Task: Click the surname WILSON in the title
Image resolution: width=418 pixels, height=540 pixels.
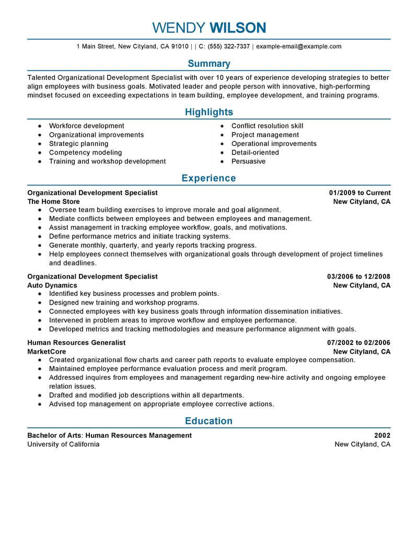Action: (237, 28)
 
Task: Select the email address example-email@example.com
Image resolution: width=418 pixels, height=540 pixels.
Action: (299, 46)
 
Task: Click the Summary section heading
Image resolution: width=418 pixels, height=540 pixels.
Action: (208, 64)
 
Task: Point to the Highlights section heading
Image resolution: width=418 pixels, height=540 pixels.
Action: (208, 112)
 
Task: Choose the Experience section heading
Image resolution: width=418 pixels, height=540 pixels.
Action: (208, 178)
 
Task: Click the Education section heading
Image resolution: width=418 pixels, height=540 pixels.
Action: (208, 421)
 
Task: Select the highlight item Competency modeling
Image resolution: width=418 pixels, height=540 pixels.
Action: (85, 153)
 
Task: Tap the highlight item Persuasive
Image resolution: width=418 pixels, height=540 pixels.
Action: (248, 162)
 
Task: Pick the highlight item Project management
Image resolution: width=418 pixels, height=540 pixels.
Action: (265, 135)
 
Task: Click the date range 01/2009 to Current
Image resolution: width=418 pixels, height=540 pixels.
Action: (359, 193)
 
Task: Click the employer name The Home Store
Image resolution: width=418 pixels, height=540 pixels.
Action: (53, 202)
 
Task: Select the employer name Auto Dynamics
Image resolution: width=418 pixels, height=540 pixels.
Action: (52, 285)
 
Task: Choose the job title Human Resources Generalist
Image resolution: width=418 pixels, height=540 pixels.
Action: (76, 343)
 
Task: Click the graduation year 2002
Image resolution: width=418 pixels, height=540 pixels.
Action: (382, 436)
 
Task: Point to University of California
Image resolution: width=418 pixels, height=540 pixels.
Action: (63, 445)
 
